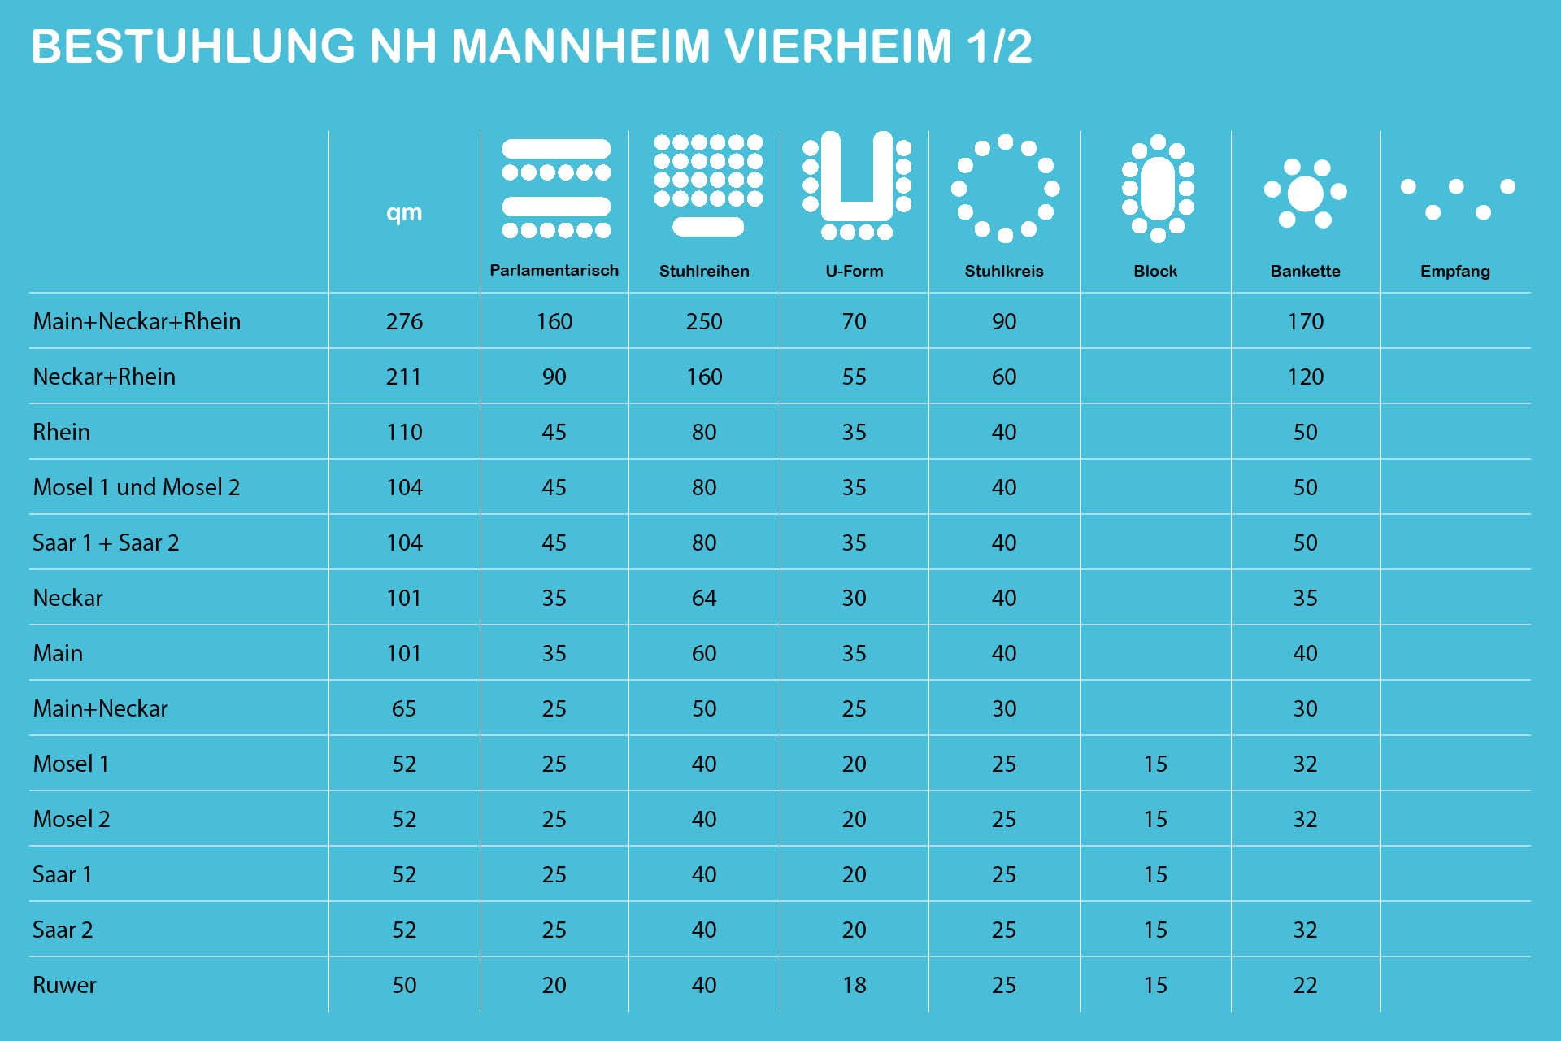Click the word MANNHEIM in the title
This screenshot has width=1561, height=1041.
coord(580,46)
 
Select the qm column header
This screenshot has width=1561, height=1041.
coord(404,212)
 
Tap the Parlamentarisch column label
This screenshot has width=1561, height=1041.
coord(554,271)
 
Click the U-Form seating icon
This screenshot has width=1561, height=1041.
coord(856,185)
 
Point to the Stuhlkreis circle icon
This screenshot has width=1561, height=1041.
coord(1005,188)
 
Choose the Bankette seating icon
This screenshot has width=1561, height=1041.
coord(1305,194)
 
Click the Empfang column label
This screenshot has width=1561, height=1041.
coord(1454,271)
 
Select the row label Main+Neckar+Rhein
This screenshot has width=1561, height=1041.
coord(137,321)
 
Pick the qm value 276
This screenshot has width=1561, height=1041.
coord(404,321)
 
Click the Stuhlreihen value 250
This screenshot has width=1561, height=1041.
coord(704,321)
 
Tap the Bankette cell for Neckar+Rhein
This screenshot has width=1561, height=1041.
coord(1305,377)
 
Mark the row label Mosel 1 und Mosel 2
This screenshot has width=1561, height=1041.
coord(137,487)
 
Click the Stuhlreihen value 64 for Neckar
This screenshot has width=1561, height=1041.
coord(704,598)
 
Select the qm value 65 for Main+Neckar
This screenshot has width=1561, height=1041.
coord(404,708)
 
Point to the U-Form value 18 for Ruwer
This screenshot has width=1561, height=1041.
coord(854,985)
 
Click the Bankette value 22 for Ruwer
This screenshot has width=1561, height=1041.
coord(1305,985)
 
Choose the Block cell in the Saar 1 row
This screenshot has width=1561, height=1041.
coord(1155,874)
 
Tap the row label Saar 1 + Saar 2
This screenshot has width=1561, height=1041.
coord(106,542)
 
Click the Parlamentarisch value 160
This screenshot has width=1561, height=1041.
coord(554,321)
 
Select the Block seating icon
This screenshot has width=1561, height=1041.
coord(1158,188)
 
